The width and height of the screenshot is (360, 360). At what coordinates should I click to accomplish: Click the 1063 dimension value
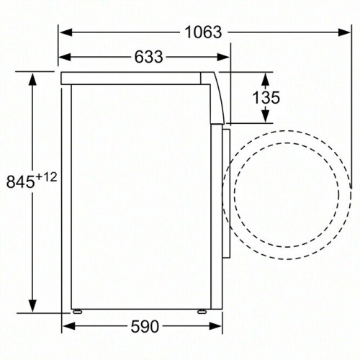(202, 32)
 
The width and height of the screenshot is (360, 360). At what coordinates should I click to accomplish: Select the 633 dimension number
(148, 57)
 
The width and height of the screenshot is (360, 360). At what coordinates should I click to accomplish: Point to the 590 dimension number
(144, 327)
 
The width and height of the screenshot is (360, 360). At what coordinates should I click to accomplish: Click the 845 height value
(20, 182)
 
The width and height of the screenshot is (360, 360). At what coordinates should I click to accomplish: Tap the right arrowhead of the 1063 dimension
(344, 32)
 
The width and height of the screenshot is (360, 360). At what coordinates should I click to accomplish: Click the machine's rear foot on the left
(77, 312)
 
